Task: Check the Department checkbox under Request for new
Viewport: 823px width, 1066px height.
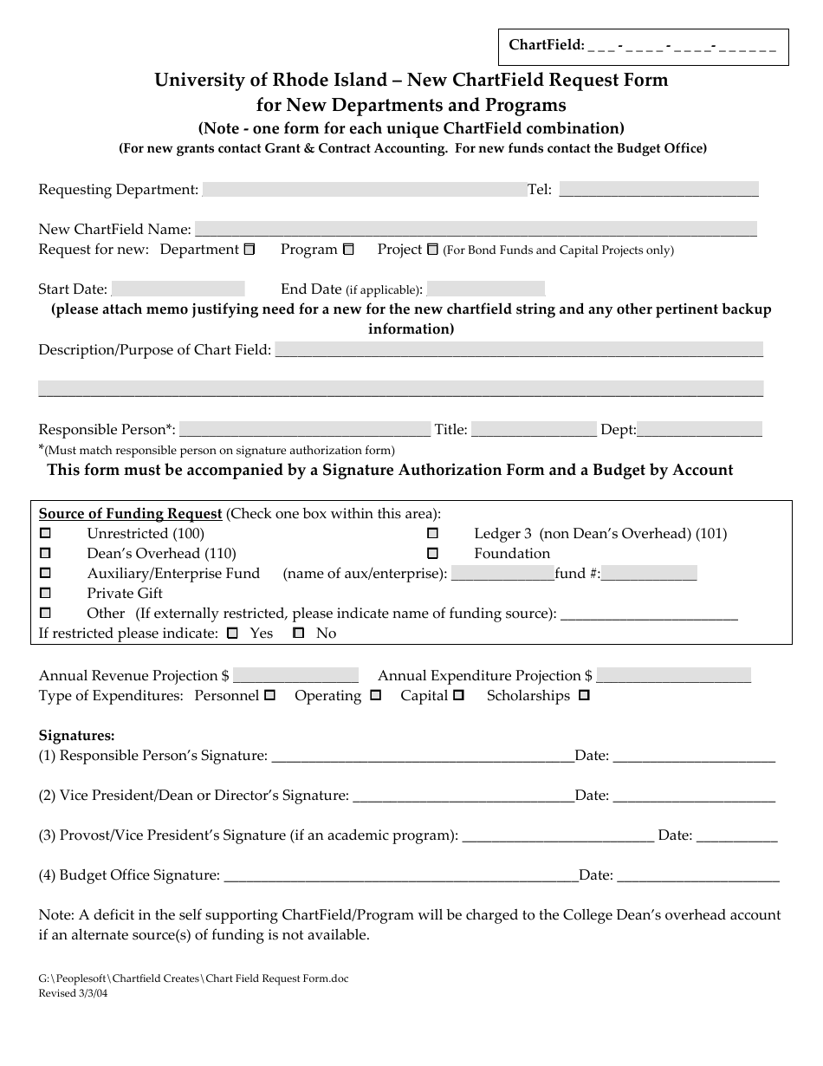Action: coord(249,250)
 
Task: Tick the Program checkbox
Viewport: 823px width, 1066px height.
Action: coord(348,250)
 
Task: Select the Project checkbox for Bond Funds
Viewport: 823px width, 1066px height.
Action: coord(433,250)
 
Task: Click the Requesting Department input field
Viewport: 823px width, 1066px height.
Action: coord(364,190)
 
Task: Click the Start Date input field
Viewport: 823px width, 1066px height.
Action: coord(178,289)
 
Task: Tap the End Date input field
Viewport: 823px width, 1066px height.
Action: coord(486,289)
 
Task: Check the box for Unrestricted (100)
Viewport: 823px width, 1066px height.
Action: coord(46,533)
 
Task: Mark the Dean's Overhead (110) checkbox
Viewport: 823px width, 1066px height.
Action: coord(46,553)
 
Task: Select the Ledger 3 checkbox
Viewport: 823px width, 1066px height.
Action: coord(433,533)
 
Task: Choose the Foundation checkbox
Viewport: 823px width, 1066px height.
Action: coord(433,553)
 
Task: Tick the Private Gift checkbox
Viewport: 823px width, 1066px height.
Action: coord(46,593)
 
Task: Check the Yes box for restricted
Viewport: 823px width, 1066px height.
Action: coord(232,634)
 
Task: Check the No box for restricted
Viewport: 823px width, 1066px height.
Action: coord(299,634)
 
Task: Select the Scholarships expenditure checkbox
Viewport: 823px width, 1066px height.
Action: coord(584,695)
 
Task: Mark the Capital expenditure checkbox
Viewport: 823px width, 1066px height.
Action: coord(458,695)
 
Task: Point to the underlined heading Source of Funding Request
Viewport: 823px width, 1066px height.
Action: coord(130,513)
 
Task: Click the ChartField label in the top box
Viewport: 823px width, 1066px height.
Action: coord(546,45)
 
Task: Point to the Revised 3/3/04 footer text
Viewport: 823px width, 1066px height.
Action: coord(74,993)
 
